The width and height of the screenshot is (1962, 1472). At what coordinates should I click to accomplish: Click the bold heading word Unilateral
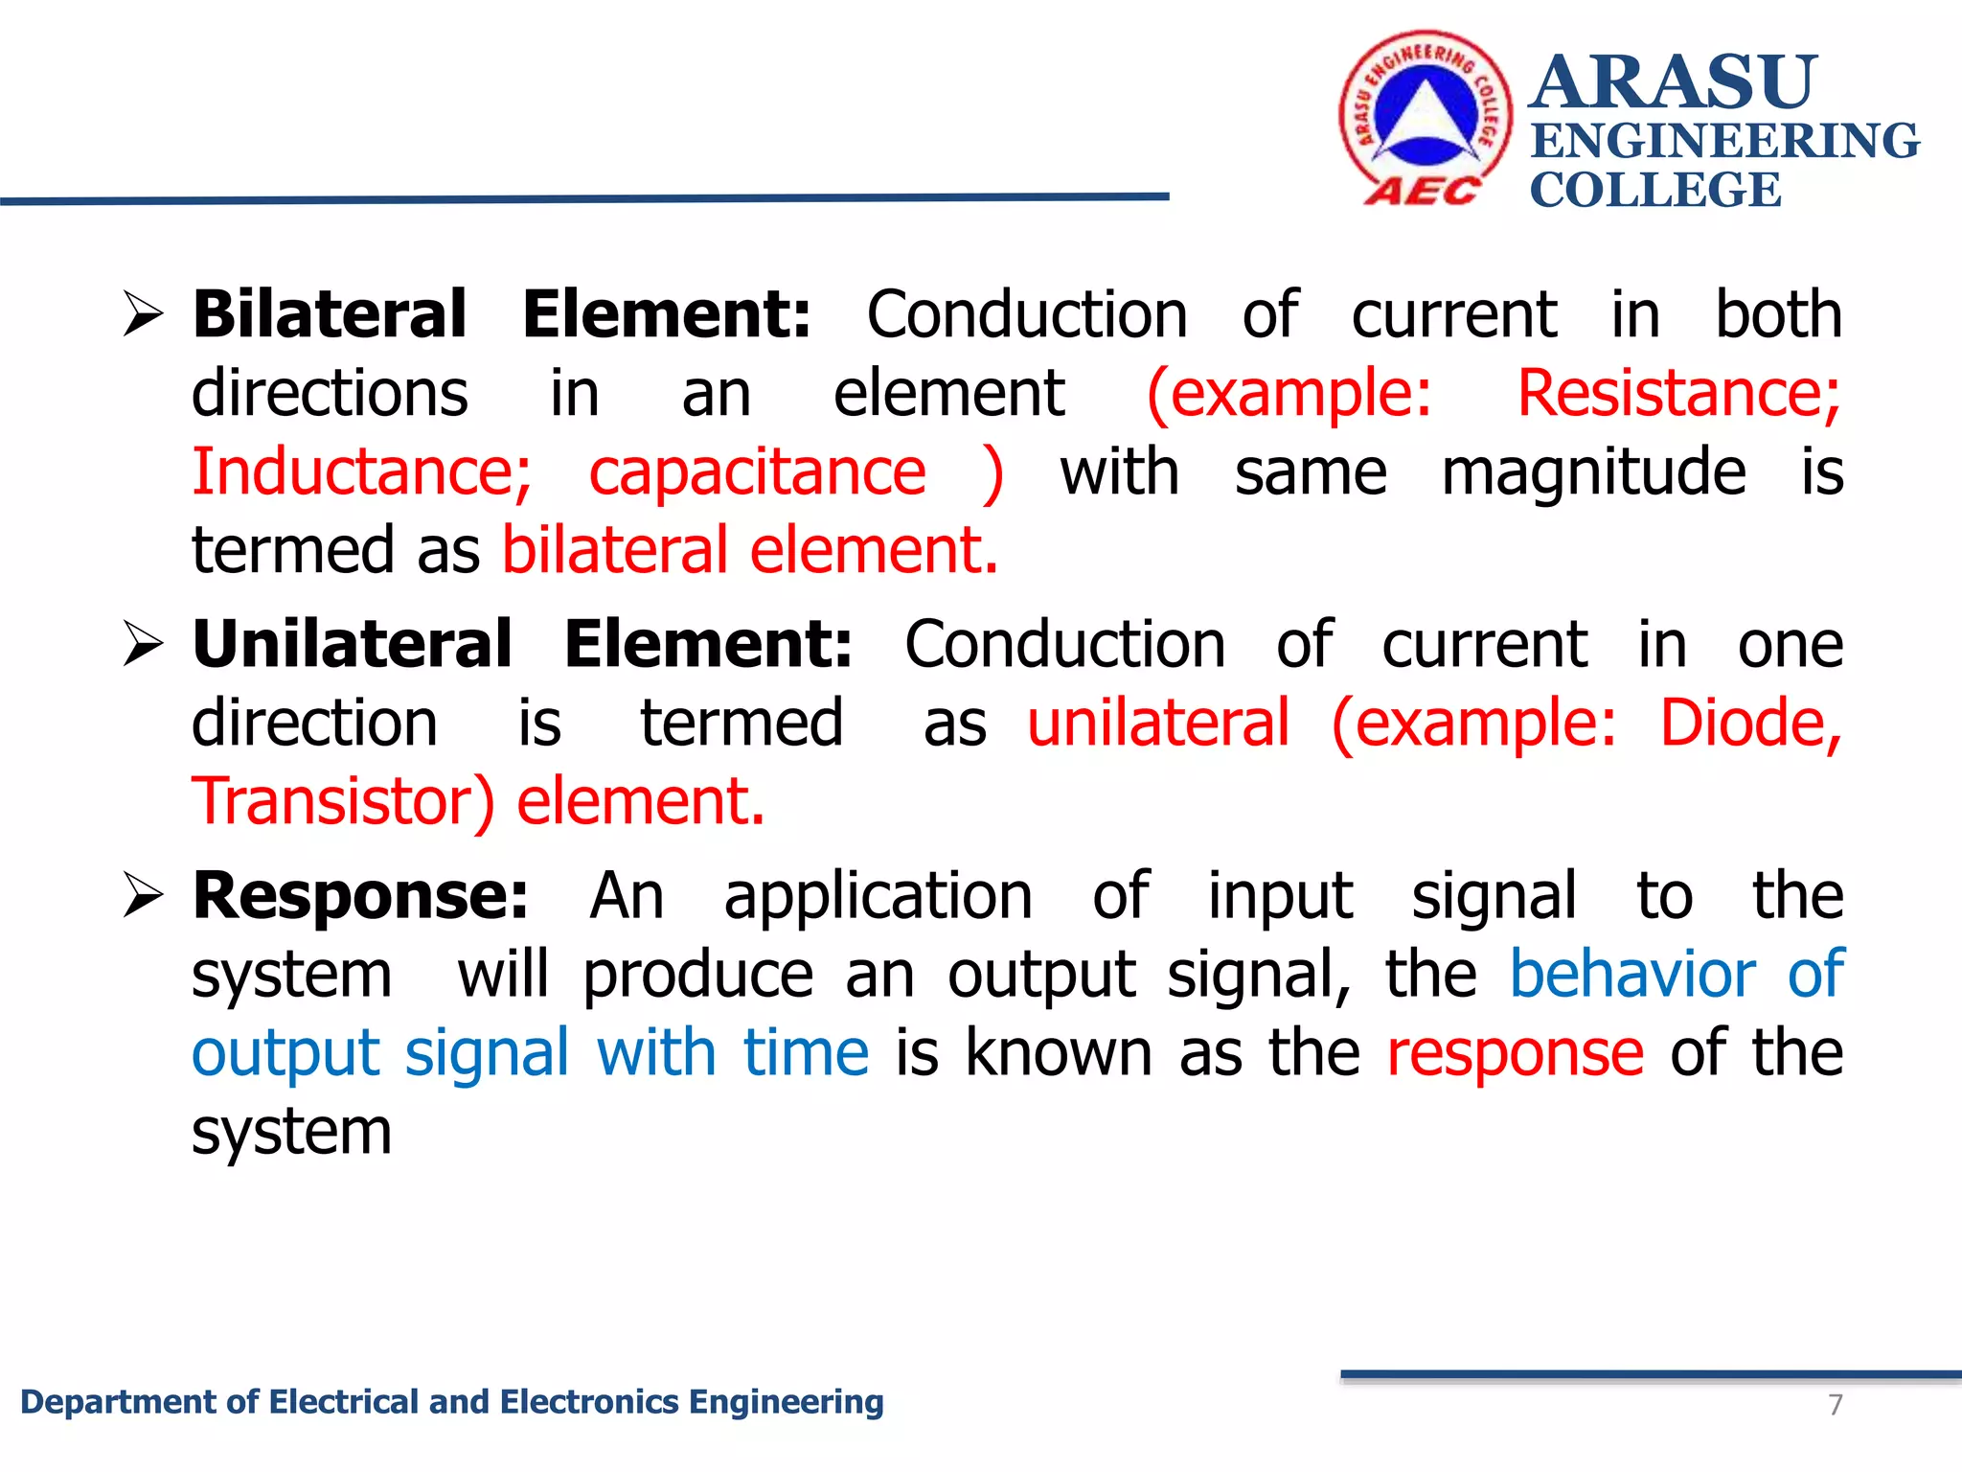[352, 644]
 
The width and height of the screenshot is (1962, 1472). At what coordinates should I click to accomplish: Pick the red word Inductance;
[362, 472]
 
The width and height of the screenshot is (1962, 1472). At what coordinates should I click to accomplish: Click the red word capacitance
[757, 472]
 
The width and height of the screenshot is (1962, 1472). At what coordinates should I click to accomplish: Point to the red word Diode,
[1750, 724]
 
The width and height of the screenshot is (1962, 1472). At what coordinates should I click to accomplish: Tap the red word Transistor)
[343, 802]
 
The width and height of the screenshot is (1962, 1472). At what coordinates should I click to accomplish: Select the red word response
[1516, 1053]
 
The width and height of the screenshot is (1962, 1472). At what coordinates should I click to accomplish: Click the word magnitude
[1593, 472]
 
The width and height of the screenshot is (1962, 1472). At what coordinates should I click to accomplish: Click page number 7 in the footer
[1835, 1405]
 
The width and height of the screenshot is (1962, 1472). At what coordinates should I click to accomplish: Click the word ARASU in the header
[1673, 82]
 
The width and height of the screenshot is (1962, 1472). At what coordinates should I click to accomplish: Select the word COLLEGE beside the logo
[1654, 190]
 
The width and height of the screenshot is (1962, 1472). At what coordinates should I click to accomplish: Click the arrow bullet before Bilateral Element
[144, 315]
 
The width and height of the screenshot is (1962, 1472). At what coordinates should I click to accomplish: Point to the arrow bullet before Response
[144, 896]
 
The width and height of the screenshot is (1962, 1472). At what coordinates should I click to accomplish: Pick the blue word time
[806, 1053]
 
